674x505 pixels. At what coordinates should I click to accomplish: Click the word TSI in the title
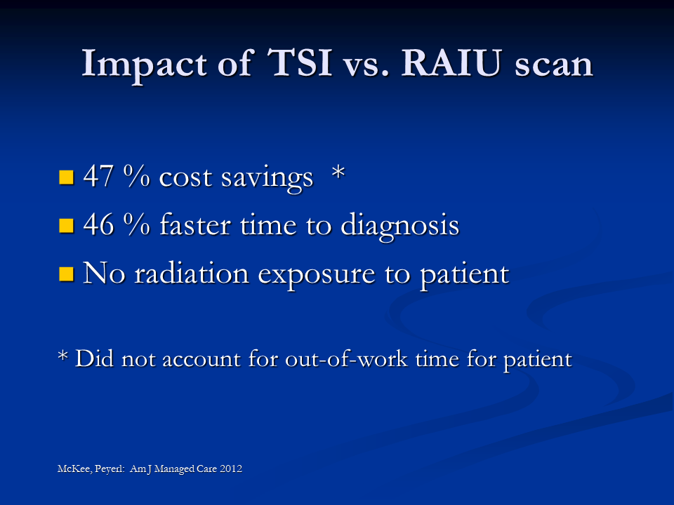[300, 62]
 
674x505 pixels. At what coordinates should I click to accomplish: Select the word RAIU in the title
[451, 62]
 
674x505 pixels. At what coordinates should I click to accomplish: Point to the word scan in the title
[554, 66]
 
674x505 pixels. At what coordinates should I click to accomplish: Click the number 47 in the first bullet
[98, 176]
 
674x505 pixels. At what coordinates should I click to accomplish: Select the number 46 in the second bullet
[98, 224]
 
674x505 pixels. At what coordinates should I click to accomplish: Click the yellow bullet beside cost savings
[66, 177]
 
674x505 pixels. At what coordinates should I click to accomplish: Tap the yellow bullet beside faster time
[66, 225]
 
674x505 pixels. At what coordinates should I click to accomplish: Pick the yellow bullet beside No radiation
[66, 274]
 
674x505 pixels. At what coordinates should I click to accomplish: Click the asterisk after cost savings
[338, 173]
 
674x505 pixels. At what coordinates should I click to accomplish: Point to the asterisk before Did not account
[62, 356]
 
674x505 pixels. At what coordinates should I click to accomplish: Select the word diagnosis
[399, 225]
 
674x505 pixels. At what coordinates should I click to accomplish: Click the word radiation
[192, 273]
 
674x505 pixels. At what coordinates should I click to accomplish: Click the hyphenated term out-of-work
[346, 358]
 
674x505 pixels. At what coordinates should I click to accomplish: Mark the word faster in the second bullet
[196, 224]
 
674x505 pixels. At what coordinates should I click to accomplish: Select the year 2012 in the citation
[231, 469]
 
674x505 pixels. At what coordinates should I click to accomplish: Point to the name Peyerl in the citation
[110, 469]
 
